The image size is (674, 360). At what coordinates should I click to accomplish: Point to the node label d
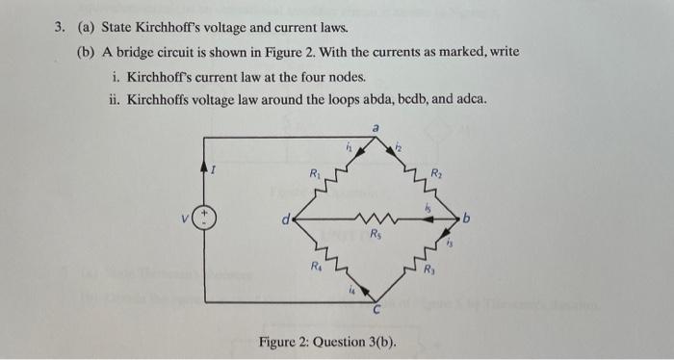[x=283, y=219]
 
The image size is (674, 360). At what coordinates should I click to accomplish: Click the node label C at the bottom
[x=377, y=310]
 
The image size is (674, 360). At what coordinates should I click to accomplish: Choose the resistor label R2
[x=436, y=173]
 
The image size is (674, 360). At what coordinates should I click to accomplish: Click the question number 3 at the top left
[x=58, y=29]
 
